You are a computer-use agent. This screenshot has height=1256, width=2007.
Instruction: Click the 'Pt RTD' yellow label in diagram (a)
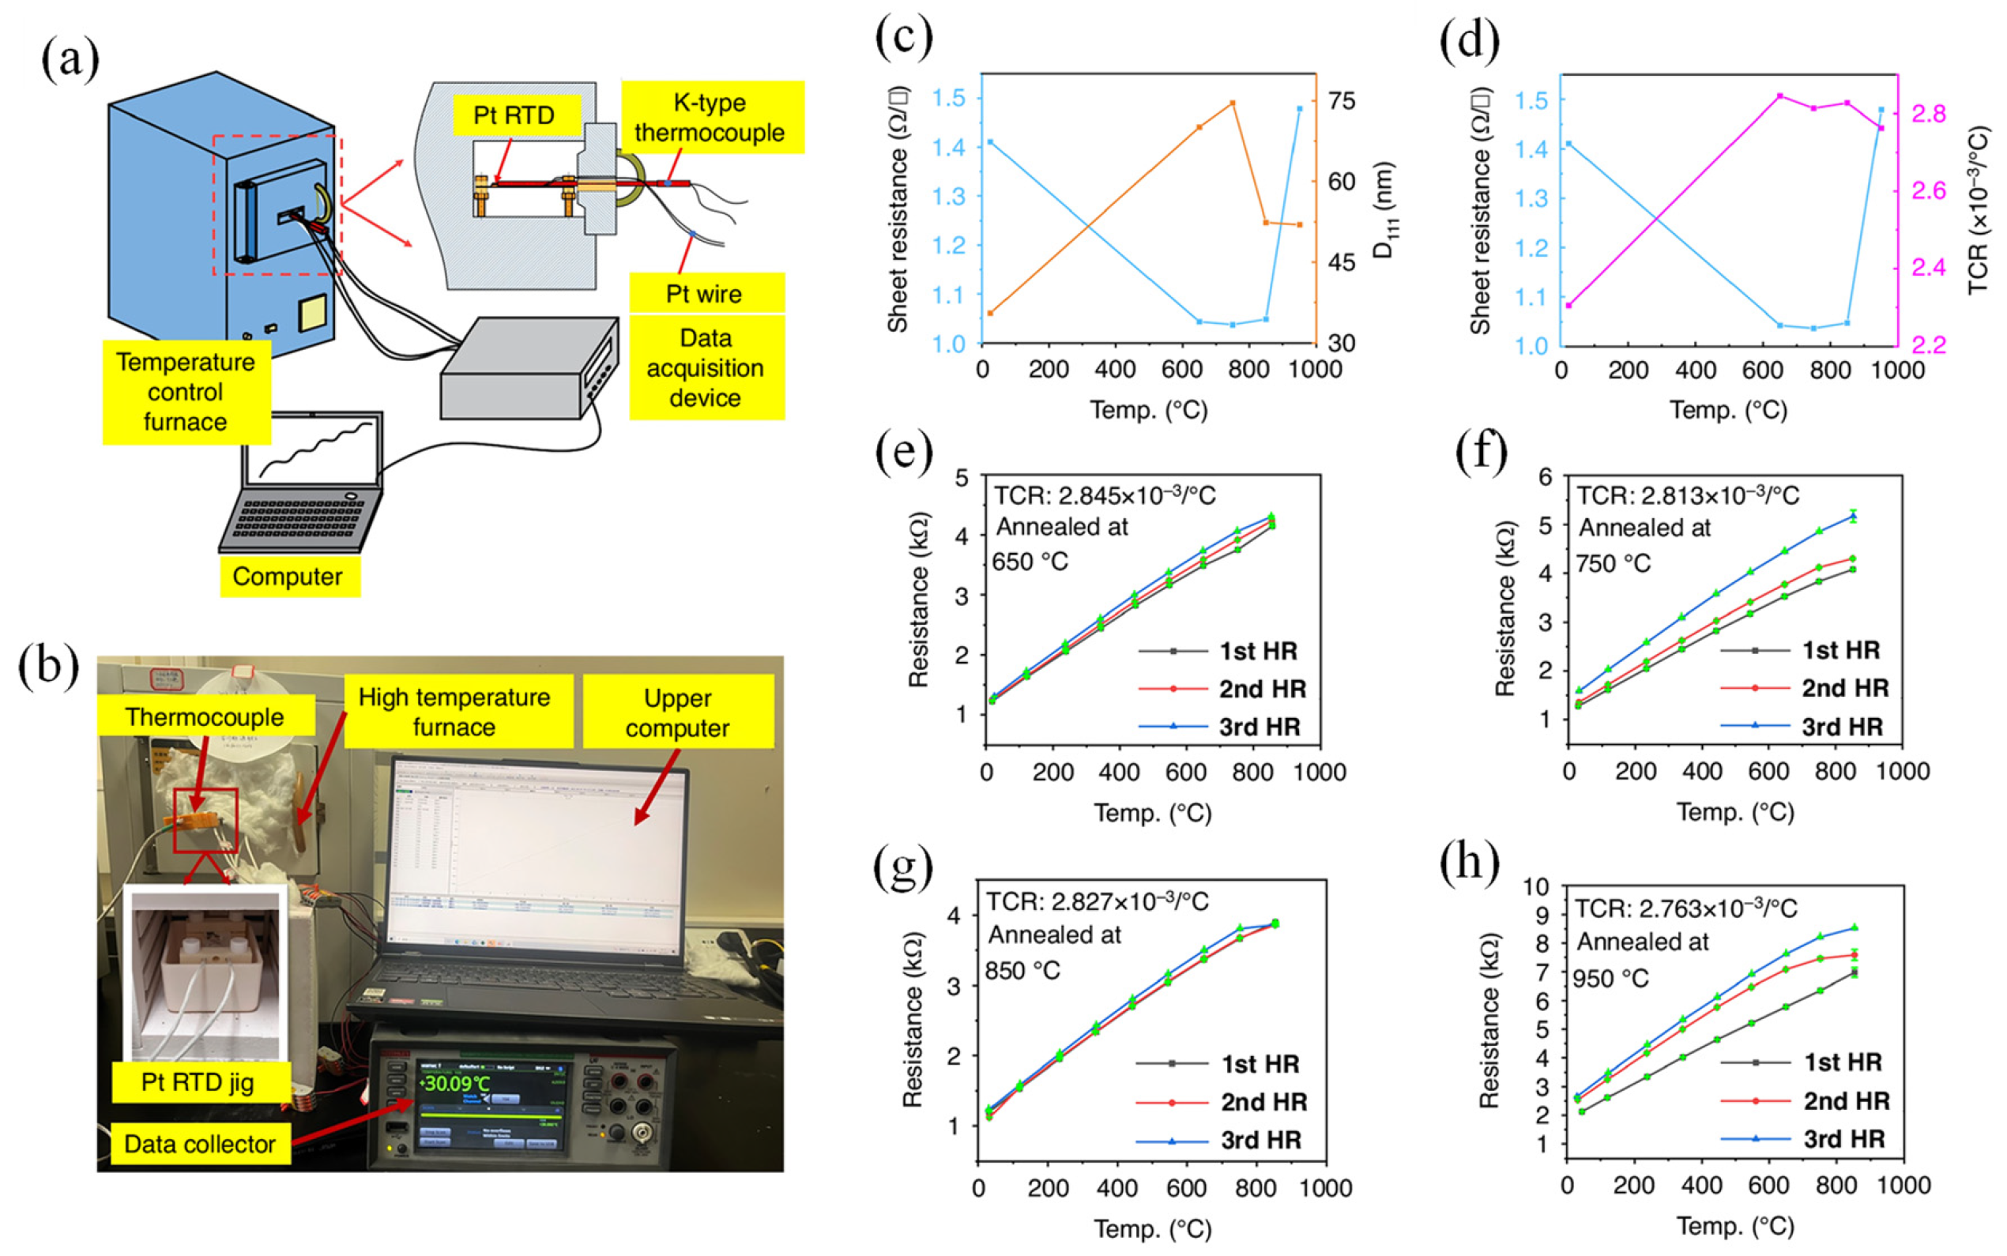coord(514,115)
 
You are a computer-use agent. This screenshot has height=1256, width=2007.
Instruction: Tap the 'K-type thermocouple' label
coord(710,117)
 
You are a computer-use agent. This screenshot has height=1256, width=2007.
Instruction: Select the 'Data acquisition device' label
coord(706,367)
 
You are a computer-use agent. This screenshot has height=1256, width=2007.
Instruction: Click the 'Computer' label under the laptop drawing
coord(288,577)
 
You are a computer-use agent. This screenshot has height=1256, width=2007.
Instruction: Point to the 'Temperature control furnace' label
coord(185,392)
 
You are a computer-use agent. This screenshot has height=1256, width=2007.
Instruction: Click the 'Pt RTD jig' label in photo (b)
coord(198,1082)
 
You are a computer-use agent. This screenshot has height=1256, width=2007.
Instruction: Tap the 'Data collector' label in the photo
coord(199,1144)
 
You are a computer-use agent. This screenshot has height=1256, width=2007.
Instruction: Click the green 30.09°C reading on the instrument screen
coord(456,1084)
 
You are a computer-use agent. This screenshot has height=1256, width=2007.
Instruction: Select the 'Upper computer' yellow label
coord(677,713)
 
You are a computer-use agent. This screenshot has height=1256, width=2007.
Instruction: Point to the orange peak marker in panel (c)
coord(1232,103)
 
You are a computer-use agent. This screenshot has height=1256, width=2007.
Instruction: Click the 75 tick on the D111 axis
coord(1342,101)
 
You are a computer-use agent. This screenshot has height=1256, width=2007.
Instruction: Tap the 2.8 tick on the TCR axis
coord(1928,114)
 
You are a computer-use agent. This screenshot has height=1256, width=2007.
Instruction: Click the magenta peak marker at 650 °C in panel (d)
coord(1779,96)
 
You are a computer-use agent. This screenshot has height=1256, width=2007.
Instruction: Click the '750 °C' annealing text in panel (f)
coord(1614,564)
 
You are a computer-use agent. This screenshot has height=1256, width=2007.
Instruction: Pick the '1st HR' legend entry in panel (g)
coord(1260,1063)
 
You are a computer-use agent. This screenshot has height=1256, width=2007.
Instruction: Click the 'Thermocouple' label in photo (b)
coord(205,717)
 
